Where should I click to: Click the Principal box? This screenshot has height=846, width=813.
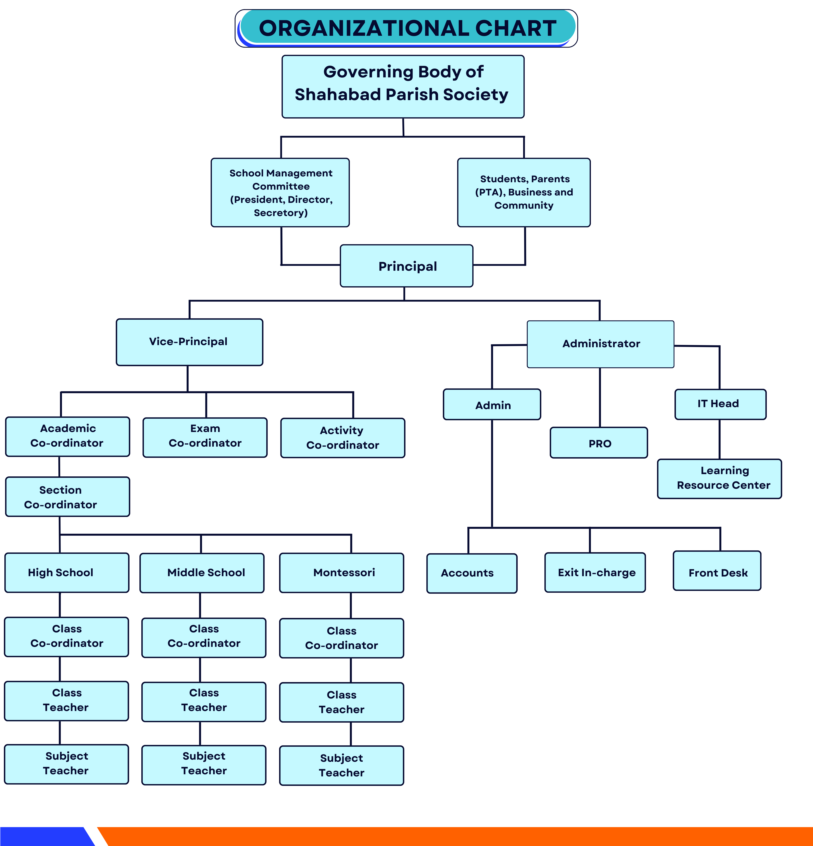tap(406, 266)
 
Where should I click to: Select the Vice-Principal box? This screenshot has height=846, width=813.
tap(189, 342)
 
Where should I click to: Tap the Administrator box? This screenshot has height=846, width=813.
tap(600, 344)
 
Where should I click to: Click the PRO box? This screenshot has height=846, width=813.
tap(599, 443)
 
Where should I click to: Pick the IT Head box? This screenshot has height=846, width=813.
tap(720, 404)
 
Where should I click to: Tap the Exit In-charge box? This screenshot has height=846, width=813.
tap(595, 572)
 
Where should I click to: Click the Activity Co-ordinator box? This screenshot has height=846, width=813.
tap(343, 438)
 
